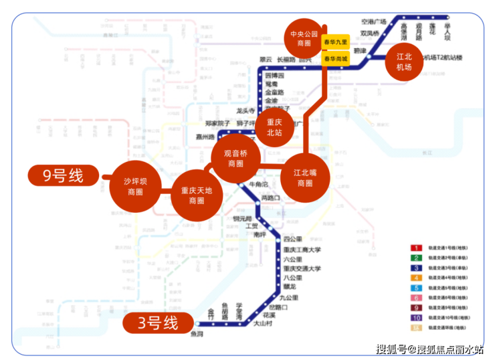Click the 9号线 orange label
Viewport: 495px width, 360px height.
(64, 176)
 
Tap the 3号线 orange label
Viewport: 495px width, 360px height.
(159, 324)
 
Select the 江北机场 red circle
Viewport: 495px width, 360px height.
(404, 62)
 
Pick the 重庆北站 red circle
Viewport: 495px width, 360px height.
(274, 127)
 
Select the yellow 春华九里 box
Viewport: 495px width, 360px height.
(335, 42)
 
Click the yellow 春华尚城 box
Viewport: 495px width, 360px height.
(335, 59)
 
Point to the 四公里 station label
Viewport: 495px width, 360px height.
(292, 239)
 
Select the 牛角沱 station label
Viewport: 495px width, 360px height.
(258, 183)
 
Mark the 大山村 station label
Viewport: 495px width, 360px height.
(262, 323)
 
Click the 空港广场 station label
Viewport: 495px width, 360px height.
(374, 21)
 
